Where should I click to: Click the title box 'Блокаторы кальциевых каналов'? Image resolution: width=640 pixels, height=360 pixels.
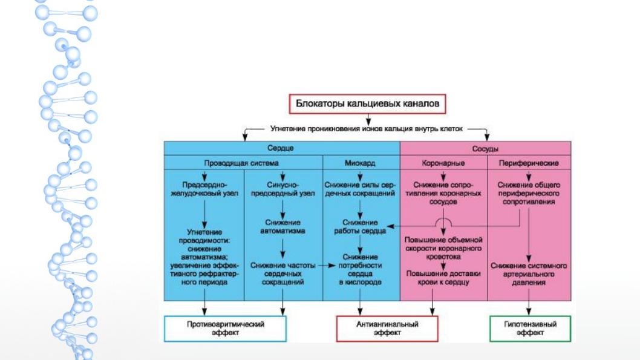tap(367, 103)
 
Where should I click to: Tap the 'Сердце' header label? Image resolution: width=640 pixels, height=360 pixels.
tap(281, 148)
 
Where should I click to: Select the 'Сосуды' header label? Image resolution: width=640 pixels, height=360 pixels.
tap(485, 149)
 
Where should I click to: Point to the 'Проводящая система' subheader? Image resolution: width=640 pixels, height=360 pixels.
tap(241, 163)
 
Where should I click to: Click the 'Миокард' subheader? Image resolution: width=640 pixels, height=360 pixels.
tap(359, 163)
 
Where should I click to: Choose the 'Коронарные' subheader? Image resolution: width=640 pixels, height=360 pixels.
tap(443, 163)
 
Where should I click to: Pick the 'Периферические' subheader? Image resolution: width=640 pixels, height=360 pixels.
tap(529, 163)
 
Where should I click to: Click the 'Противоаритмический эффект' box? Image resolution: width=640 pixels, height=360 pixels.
tap(225, 328)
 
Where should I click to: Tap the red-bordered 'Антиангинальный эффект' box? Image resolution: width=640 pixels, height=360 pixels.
tap(387, 328)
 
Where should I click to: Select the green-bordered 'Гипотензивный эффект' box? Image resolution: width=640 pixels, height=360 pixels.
tap(530, 328)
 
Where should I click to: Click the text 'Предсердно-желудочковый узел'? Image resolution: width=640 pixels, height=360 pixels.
tap(204, 189)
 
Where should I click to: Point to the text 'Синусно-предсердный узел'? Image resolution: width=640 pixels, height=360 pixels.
tap(283, 189)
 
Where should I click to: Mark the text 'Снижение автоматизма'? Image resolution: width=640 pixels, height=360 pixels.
tap(283, 226)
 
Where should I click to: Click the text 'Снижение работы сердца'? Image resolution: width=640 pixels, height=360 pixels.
tap(360, 226)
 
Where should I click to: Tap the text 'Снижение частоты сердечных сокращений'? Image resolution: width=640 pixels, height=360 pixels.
tap(283, 273)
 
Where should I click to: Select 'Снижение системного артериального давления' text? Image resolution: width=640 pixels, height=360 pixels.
tap(529, 274)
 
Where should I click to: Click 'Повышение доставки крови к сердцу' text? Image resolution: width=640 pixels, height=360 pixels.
tap(443, 278)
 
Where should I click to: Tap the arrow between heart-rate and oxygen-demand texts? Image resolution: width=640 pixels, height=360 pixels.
tap(327, 266)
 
